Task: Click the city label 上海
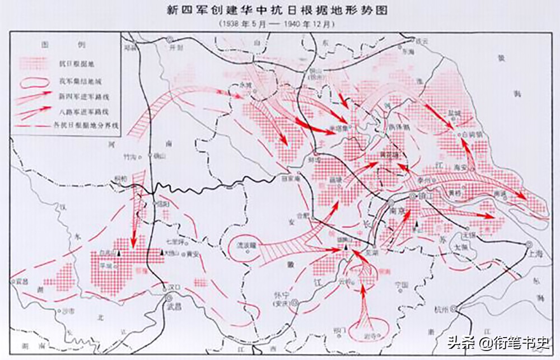535,254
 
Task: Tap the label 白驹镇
473,135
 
